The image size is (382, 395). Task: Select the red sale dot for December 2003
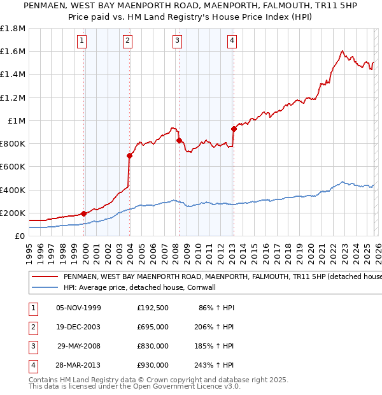coord(130,155)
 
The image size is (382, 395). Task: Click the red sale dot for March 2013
coord(234,129)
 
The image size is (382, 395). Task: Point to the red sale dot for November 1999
coord(84,213)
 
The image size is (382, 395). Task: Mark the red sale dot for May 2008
coord(179,140)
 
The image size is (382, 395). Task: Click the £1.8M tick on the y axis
coord(13,29)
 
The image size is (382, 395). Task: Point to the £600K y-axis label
coord(13,167)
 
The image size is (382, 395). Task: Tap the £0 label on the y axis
coord(19,236)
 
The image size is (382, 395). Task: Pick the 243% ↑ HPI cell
coord(215,365)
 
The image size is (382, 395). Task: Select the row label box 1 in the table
coord(32,308)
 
